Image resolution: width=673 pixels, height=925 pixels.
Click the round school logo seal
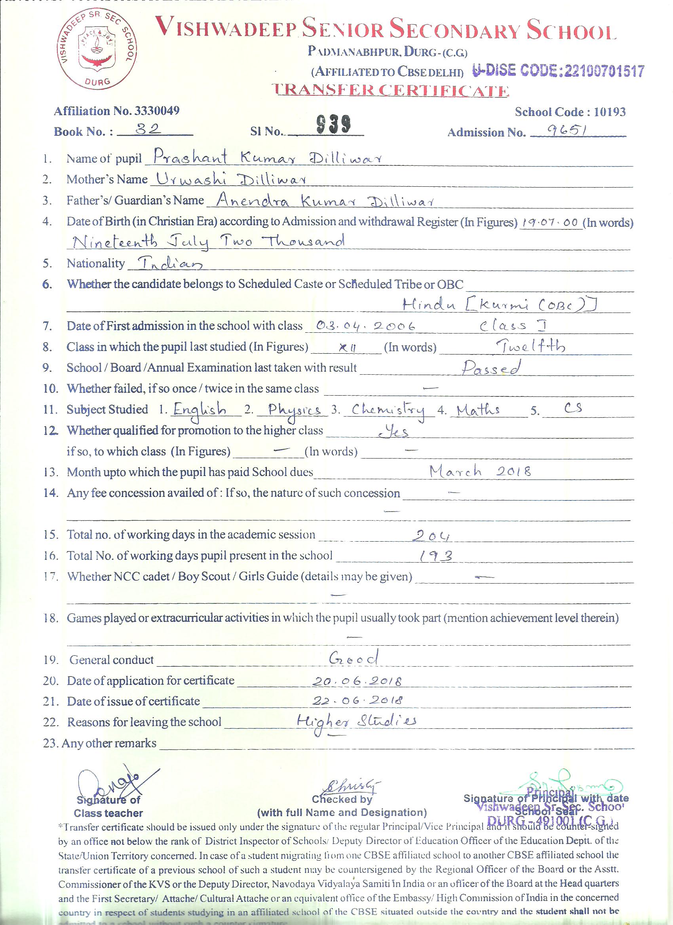[98, 52]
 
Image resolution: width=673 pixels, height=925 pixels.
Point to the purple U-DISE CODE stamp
[558, 71]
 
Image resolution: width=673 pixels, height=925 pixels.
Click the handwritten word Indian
[165, 264]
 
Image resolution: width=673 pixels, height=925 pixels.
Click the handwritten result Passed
[491, 368]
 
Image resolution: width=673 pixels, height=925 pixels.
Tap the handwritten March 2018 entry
[480, 472]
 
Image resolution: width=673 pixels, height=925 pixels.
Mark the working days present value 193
[436, 556]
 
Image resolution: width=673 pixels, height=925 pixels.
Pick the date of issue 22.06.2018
[358, 701]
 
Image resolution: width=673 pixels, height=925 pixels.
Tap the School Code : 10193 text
[570, 112]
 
